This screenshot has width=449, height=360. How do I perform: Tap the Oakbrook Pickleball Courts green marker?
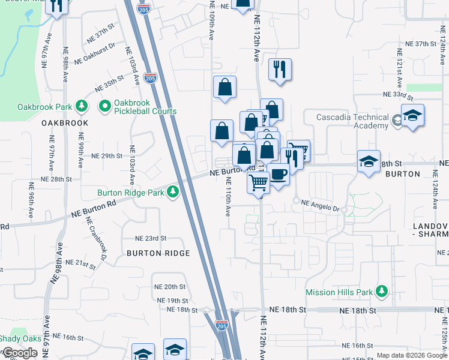tap(104, 106)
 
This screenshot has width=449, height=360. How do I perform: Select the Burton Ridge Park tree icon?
tap(173, 191)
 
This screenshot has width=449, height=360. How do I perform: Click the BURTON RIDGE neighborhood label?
tap(158, 253)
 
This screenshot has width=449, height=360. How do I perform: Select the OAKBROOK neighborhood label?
tap(65, 123)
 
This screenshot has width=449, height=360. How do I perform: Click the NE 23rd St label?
tap(150, 238)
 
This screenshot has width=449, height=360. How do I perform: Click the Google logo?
tap(20, 353)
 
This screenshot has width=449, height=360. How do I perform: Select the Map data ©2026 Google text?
tap(412, 355)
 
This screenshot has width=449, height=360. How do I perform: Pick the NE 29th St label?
tap(107, 155)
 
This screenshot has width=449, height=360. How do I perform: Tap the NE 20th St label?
tap(170, 287)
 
